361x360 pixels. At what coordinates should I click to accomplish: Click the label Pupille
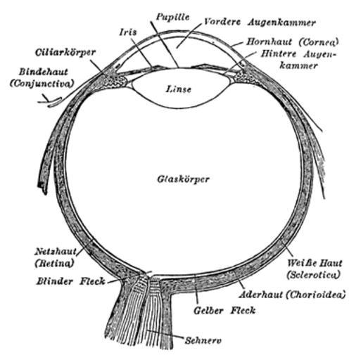pyautogui.click(x=173, y=17)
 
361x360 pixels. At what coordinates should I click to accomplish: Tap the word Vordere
pyautogui.click(x=222, y=22)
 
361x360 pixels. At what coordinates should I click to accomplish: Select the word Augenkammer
pyautogui.click(x=282, y=22)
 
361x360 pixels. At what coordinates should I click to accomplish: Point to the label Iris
pyautogui.click(x=128, y=32)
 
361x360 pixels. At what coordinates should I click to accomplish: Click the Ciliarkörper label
pyautogui.click(x=65, y=52)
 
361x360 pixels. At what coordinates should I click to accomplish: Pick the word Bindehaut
pyautogui.click(x=44, y=72)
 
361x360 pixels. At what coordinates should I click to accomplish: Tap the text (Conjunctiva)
pyautogui.click(x=42, y=84)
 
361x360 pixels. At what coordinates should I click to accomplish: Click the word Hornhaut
pyautogui.click(x=269, y=42)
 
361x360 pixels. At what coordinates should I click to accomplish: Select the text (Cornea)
pyautogui.click(x=319, y=42)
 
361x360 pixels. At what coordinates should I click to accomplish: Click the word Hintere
pyautogui.click(x=279, y=53)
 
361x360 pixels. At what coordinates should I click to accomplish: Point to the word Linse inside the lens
pyautogui.click(x=179, y=89)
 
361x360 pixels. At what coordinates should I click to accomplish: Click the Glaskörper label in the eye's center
pyautogui.click(x=183, y=179)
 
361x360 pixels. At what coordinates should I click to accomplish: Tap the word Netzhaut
pyautogui.click(x=56, y=252)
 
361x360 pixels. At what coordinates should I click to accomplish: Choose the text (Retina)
pyautogui.click(x=54, y=263)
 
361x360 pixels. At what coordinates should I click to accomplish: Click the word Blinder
pyautogui.click(x=55, y=281)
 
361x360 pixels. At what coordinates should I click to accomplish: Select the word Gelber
pyautogui.click(x=208, y=311)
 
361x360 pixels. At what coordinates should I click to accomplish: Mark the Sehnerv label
pyautogui.click(x=203, y=340)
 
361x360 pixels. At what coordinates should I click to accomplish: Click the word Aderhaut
pyautogui.click(x=260, y=295)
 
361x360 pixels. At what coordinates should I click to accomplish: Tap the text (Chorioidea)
pyautogui.click(x=316, y=295)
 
